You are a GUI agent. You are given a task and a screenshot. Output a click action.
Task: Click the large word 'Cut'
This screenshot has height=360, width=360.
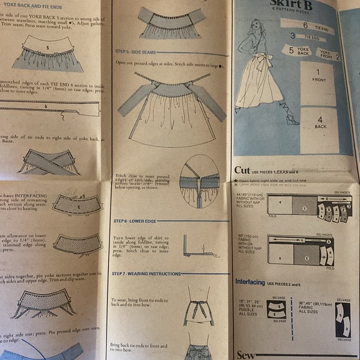click(242, 170)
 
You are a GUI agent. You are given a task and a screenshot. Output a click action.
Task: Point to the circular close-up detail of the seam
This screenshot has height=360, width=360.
click(199, 181)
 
